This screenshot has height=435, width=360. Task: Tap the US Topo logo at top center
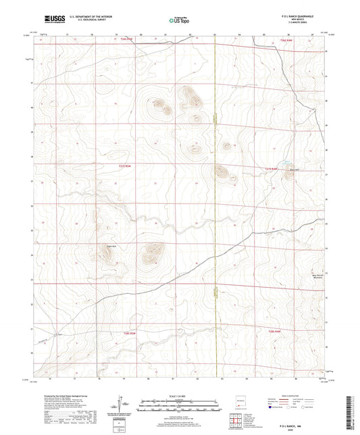pyautogui.click(x=178, y=21)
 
